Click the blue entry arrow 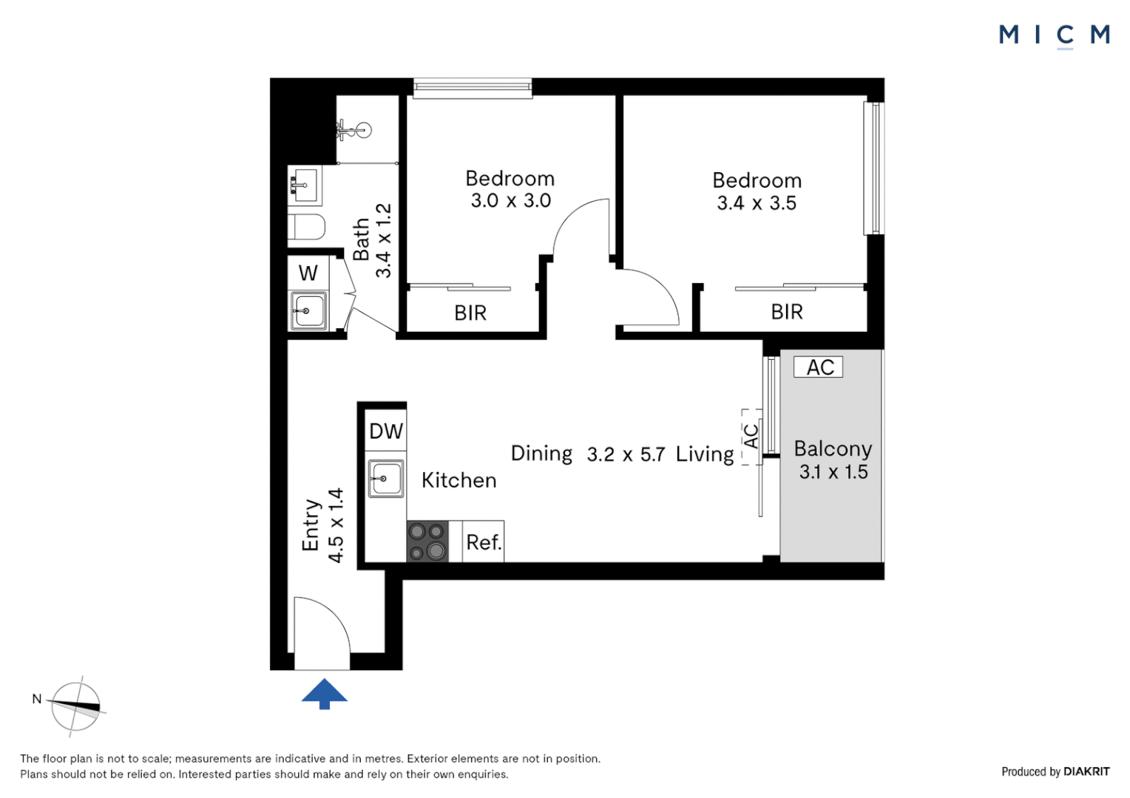click(x=324, y=694)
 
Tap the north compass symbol click(x=75, y=706)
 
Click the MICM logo click(x=1054, y=35)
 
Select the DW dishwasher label click(x=386, y=432)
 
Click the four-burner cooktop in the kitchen click(x=427, y=542)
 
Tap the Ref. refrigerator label click(x=484, y=542)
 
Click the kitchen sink click(x=385, y=479)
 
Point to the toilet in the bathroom click(x=306, y=227)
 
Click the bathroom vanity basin click(x=305, y=184)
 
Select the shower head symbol click(x=353, y=131)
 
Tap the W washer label click(x=308, y=273)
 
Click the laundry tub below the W click(x=308, y=311)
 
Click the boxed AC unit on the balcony click(x=819, y=367)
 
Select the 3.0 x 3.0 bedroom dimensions click(x=510, y=201)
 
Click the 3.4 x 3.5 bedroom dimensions click(x=757, y=203)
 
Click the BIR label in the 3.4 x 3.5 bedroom click(x=787, y=312)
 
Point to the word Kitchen click(x=459, y=480)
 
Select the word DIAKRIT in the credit click(x=1086, y=771)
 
